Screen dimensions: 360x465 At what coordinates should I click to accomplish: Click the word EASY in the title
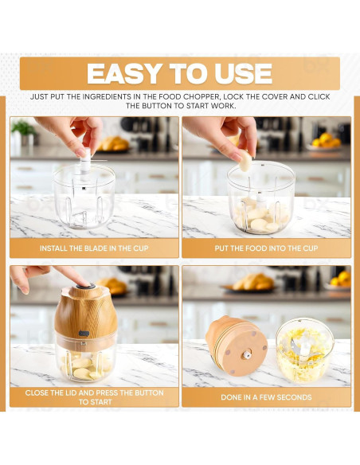pos(125,73)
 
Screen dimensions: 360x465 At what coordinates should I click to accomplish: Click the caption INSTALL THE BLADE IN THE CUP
pos(94,248)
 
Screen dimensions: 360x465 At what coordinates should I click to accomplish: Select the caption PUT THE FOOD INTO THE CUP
pos(266,248)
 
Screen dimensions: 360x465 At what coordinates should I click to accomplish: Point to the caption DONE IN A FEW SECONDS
pos(266,397)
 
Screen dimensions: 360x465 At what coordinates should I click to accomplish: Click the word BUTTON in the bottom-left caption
pos(149,393)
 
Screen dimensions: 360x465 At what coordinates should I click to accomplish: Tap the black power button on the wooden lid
pos(86,286)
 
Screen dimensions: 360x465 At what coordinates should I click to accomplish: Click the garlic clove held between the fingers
pos(245,161)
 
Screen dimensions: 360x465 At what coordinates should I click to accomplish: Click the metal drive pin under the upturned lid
pos(246,354)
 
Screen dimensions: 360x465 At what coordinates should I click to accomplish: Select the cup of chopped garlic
pos(304,350)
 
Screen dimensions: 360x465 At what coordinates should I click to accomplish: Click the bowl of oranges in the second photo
pos(326,143)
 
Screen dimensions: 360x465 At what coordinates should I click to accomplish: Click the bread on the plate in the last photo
pos(252,282)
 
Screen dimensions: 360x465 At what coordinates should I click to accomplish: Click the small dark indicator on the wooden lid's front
pos(84,334)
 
